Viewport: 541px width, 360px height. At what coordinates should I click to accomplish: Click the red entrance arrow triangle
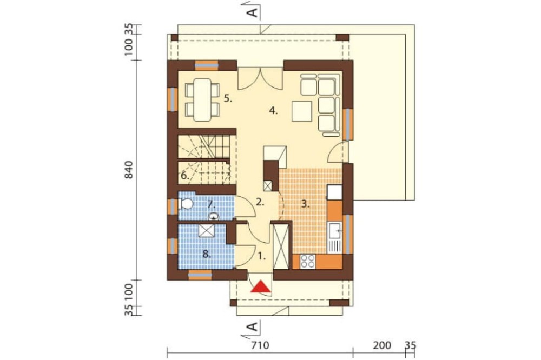pyautogui.click(x=261, y=286)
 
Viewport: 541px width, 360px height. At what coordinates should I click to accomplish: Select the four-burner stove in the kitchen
pyautogui.click(x=307, y=262)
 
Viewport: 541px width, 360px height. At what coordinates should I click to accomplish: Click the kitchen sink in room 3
pyautogui.click(x=335, y=231)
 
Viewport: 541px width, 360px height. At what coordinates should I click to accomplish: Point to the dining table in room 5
pyautogui.click(x=202, y=99)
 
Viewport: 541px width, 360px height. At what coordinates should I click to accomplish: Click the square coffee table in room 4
pyautogui.click(x=301, y=111)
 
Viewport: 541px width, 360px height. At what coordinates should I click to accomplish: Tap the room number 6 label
pyautogui.click(x=184, y=176)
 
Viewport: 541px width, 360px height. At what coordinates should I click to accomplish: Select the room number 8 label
pyautogui.click(x=206, y=255)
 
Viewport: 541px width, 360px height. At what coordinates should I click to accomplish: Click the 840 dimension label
pyautogui.click(x=128, y=169)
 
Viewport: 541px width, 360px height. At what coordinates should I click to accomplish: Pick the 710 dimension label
pyautogui.click(x=260, y=345)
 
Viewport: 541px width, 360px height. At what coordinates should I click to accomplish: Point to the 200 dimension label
pyautogui.click(x=382, y=345)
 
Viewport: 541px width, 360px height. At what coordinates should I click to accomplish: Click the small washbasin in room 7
pyautogui.click(x=214, y=217)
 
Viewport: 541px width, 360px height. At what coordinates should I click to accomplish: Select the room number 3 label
pyautogui.click(x=305, y=204)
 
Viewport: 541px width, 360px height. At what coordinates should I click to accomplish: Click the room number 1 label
pyautogui.click(x=262, y=256)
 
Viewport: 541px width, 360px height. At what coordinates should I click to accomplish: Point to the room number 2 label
pyautogui.click(x=260, y=202)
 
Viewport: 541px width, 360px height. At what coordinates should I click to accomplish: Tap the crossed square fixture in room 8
pyautogui.click(x=207, y=230)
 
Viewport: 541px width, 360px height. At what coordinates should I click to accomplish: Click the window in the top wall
pyautogui.click(x=207, y=65)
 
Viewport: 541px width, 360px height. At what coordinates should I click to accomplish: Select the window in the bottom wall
pyautogui.click(x=200, y=275)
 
